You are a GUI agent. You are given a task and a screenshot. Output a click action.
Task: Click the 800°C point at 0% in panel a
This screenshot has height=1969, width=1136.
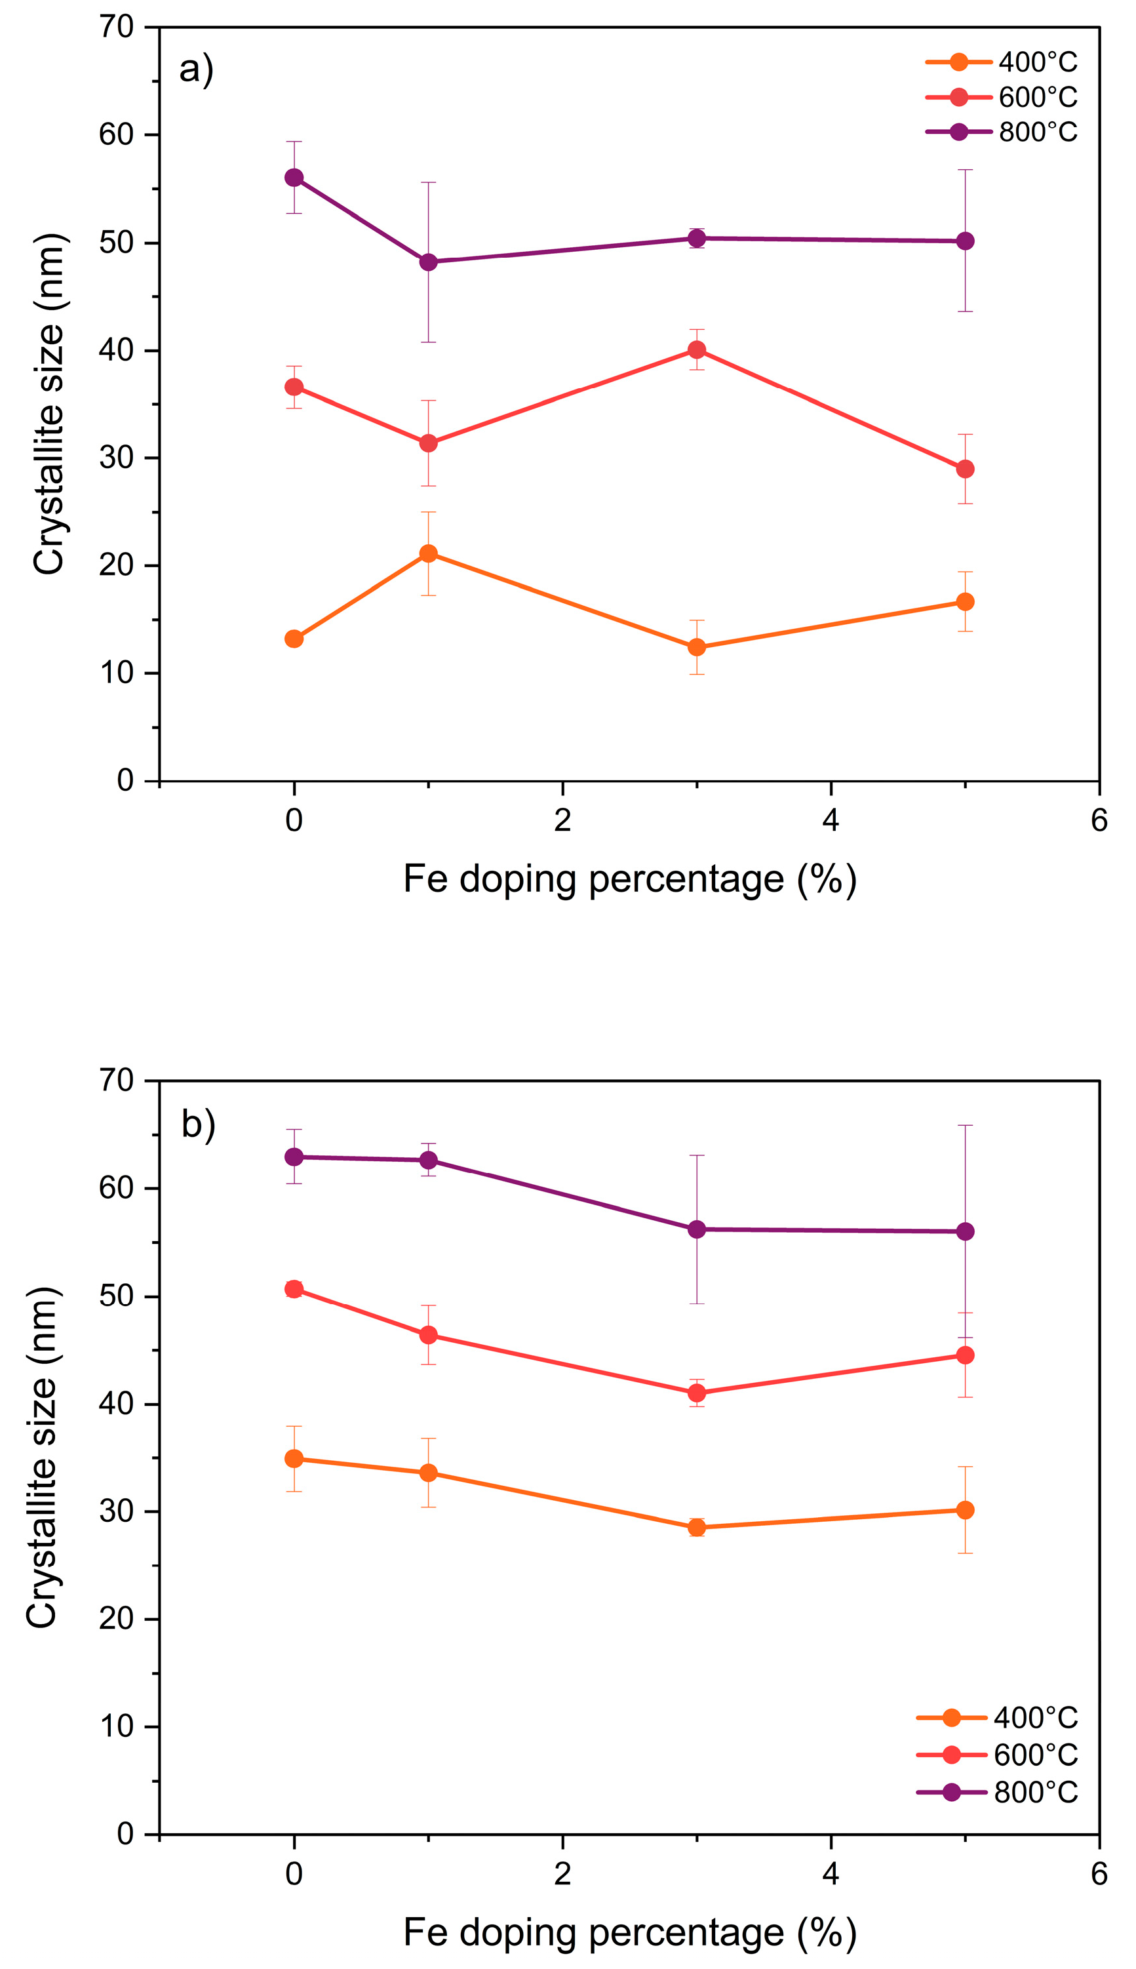point(294,178)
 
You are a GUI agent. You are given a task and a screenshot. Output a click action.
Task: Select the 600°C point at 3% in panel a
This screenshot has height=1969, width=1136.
point(697,349)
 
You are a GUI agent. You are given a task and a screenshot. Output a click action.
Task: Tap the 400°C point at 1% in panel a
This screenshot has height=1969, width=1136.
point(428,554)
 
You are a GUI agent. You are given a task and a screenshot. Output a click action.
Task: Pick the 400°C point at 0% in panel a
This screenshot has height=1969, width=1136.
point(294,639)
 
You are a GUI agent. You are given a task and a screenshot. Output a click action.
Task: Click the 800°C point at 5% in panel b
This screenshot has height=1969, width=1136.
point(965,1231)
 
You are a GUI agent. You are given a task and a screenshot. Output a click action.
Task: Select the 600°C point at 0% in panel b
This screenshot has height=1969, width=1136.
point(294,1289)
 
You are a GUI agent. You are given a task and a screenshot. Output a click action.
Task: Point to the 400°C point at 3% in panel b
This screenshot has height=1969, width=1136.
point(697,1527)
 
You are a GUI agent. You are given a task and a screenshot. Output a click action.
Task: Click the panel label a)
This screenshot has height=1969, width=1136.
point(197,70)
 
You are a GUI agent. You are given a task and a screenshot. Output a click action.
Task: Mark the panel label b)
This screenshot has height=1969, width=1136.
point(198,1124)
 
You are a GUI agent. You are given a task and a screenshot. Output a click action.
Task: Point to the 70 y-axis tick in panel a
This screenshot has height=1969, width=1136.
point(117,28)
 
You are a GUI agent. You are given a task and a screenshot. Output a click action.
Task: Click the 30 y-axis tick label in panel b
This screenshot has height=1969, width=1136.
point(117,1512)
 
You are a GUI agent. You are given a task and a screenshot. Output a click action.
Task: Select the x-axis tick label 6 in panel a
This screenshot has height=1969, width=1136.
point(1099,820)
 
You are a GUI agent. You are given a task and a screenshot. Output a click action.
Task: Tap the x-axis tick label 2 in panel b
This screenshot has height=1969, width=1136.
point(562,1875)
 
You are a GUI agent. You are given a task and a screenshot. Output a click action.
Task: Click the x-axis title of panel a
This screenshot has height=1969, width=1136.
point(630,879)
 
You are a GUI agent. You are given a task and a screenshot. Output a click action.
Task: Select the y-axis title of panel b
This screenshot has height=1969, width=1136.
point(43,1457)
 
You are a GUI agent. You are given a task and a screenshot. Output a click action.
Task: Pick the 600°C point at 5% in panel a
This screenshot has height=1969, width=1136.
point(965,469)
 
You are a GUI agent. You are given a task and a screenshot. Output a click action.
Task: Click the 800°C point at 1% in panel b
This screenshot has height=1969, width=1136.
point(428,1161)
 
